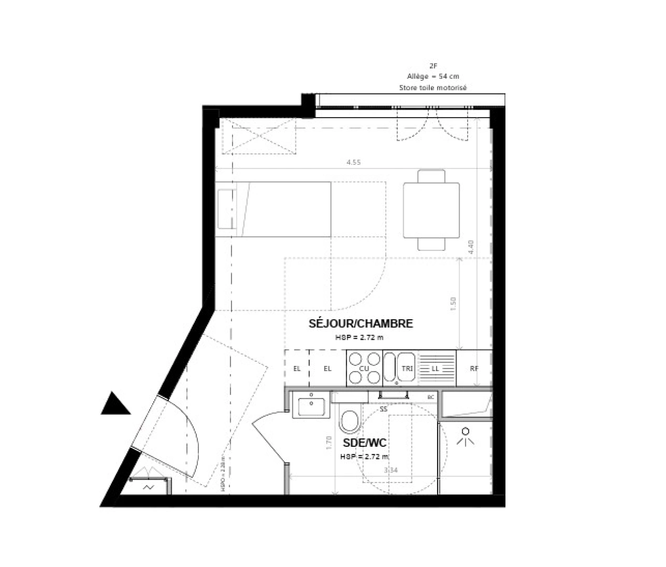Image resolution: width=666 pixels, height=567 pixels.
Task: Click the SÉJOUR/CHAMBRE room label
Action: point(361,323)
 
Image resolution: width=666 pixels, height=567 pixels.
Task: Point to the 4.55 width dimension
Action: point(354,162)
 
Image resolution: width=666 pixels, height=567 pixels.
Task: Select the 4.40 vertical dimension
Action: point(471,247)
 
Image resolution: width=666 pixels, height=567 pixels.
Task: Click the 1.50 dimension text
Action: point(454,303)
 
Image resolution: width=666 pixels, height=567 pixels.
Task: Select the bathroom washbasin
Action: point(312,405)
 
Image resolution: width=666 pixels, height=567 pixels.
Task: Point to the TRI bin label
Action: point(407,369)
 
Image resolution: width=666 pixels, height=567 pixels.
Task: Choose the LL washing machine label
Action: point(435,369)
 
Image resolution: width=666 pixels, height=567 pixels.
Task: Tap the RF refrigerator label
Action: point(474,369)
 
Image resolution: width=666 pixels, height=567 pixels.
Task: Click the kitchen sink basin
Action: point(390,367)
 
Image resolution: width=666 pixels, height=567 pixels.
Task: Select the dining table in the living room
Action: point(431,209)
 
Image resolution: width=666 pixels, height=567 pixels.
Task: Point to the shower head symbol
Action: point(465,437)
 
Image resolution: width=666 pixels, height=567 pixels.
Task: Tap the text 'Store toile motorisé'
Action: point(432,88)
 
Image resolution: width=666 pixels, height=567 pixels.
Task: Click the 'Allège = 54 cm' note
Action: point(432,77)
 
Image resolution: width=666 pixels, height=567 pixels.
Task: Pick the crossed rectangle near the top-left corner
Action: point(259,135)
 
